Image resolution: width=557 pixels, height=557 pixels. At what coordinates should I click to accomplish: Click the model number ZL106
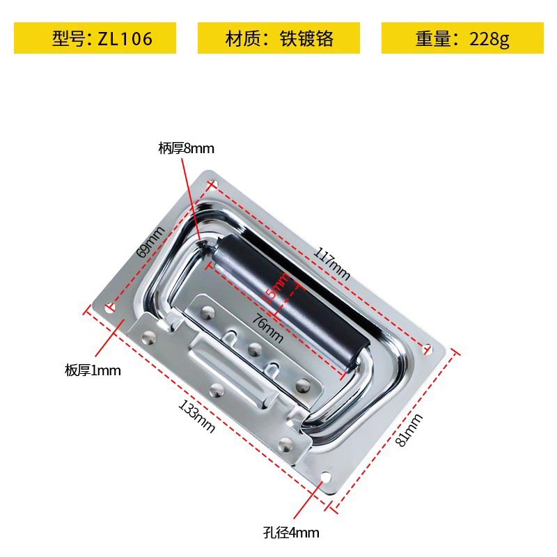[x=125, y=38]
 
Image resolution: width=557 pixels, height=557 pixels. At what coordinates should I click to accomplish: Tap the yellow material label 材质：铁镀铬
[x=278, y=38]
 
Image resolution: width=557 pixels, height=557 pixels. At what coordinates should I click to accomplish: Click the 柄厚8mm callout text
[x=186, y=148]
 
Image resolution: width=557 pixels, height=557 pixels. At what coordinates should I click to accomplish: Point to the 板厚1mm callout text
[x=93, y=370]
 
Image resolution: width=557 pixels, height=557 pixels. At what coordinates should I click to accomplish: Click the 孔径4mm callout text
[x=291, y=533]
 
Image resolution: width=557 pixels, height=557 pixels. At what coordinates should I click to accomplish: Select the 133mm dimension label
[x=197, y=416]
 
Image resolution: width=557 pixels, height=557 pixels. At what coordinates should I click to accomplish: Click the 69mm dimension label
[x=150, y=242]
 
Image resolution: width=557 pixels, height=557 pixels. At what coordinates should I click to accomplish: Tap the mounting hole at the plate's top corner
[x=212, y=185]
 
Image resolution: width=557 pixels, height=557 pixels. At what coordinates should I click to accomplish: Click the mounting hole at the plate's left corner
[x=109, y=306]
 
